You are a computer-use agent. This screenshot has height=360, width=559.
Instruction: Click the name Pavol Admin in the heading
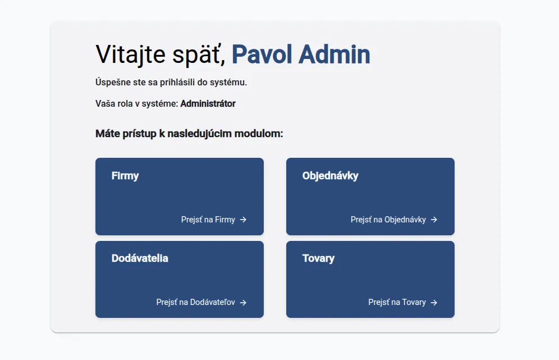pyautogui.click(x=301, y=54)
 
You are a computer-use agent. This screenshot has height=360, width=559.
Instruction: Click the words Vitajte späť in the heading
pyautogui.click(x=161, y=55)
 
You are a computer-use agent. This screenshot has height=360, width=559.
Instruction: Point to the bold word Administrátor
pyautogui.click(x=208, y=103)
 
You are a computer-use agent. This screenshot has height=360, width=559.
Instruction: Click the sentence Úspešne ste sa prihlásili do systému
pyautogui.click(x=171, y=83)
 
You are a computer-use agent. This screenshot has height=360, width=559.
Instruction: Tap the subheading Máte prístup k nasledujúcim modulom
pyautogui.click(x=189, y=134)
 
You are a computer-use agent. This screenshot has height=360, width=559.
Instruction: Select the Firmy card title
pyautogui.click(x=125, y=176)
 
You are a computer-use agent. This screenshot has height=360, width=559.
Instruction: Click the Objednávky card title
pyautogui.click(x=330, y=176)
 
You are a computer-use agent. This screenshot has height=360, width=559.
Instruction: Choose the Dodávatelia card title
pyautogui.click(x=140, y=258)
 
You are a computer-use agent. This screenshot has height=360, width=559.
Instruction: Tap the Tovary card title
pyautogui.click(x=318, y=258)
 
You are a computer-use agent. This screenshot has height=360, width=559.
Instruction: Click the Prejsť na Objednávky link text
pyautogui.click(x=388, y=220)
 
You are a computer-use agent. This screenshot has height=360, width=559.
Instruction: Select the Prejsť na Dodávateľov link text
pyautogui.click(x=196, y=302)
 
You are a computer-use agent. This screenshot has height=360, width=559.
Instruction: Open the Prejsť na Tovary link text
pyautogui.click(x=397, y=302)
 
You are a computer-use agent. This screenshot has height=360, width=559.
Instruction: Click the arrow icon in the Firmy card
pyautogui.click(x=243, y=220)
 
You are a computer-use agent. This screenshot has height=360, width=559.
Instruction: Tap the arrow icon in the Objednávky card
pyautogui.click(x=434, y=220)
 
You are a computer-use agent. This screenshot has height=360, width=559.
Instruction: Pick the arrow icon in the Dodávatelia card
pyautogui.click(x=243, y=303)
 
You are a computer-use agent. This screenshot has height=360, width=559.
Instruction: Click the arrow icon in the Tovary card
pyautogui.click(x=434, y=303)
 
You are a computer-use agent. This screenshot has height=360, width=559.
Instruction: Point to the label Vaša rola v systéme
pyautogui.click(x=136, y=103)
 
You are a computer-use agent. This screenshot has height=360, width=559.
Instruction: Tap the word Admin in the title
pyautogui.click(x=335, y=54)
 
